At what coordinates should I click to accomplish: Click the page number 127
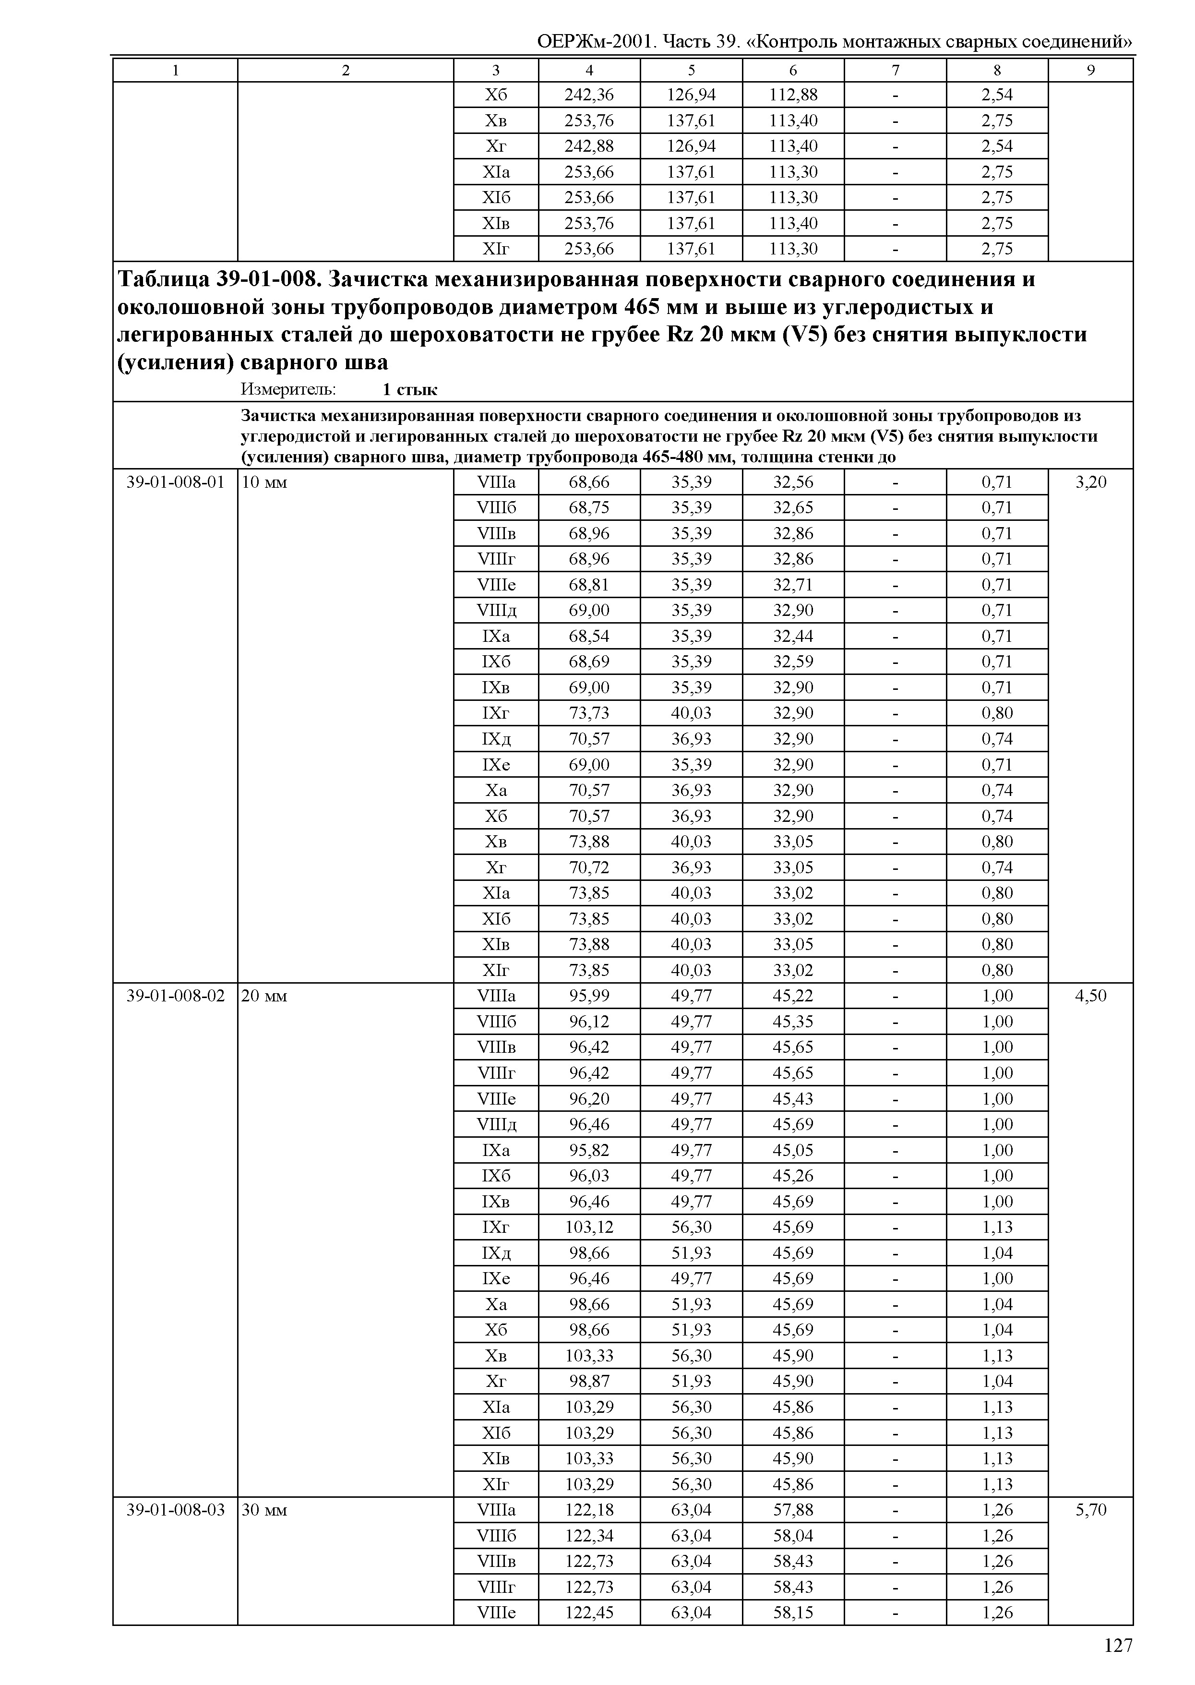(x=1118, y=1645)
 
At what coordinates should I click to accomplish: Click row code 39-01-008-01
(x=175, y=482)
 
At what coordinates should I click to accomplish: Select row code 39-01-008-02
(x=175, y=996)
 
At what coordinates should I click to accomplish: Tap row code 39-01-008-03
(x=175, y=1510)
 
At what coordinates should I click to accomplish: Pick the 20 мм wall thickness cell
(x=264, y=997)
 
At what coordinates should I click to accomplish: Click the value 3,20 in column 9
(x=1090, y=482)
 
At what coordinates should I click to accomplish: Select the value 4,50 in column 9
(x=1090, y=996)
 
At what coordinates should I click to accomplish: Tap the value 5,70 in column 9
(x=1090, y=1510)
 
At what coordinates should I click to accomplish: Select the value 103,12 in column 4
(x=589, y=1227)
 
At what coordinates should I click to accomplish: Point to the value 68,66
(x=589, y=482)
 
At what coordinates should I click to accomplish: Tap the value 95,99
(x=589, y=996)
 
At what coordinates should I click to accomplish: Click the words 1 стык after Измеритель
(x=410, y=389)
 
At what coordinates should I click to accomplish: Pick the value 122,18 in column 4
(x=589, y=1510)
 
